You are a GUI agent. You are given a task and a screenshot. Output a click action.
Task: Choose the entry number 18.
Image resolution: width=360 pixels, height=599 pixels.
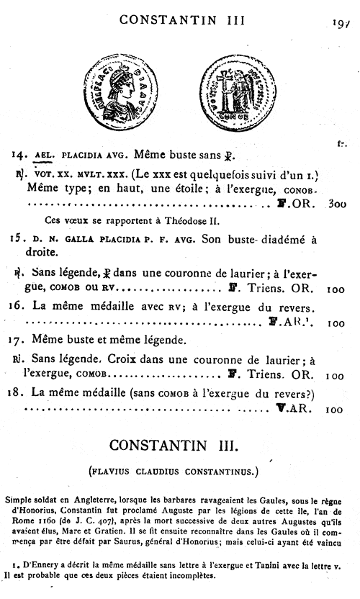coord(19,392)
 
